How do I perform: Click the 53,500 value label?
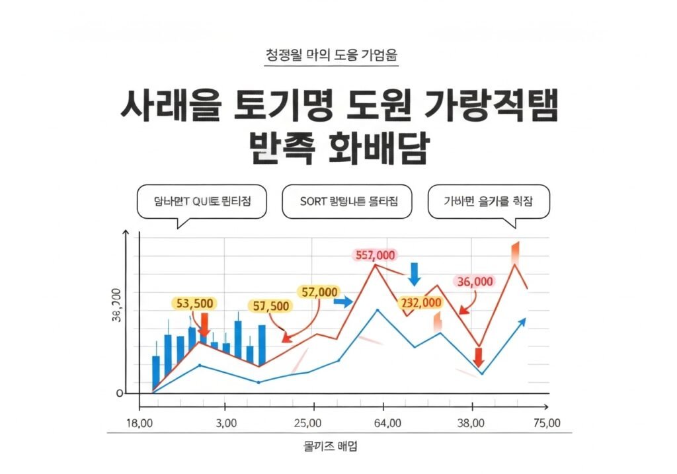(x=195, y=303)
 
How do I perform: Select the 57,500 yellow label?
(x=271, y=306)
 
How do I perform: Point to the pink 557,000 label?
(x=375, y=256)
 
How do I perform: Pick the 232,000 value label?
(x=420, y=303)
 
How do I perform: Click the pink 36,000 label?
(x=475, y=281)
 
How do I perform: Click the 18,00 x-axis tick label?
(x=139, y=423)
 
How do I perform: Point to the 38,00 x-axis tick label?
(x=471, y=423)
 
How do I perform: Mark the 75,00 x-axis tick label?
(x=546, y=423)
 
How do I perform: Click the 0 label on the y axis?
(x=120, y=393)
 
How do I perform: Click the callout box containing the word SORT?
(x=346, y=202)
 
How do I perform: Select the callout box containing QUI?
(x=201, y=202)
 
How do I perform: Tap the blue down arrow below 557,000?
(x=415, y=274)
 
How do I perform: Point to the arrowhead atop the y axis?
(x=126, y=233)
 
